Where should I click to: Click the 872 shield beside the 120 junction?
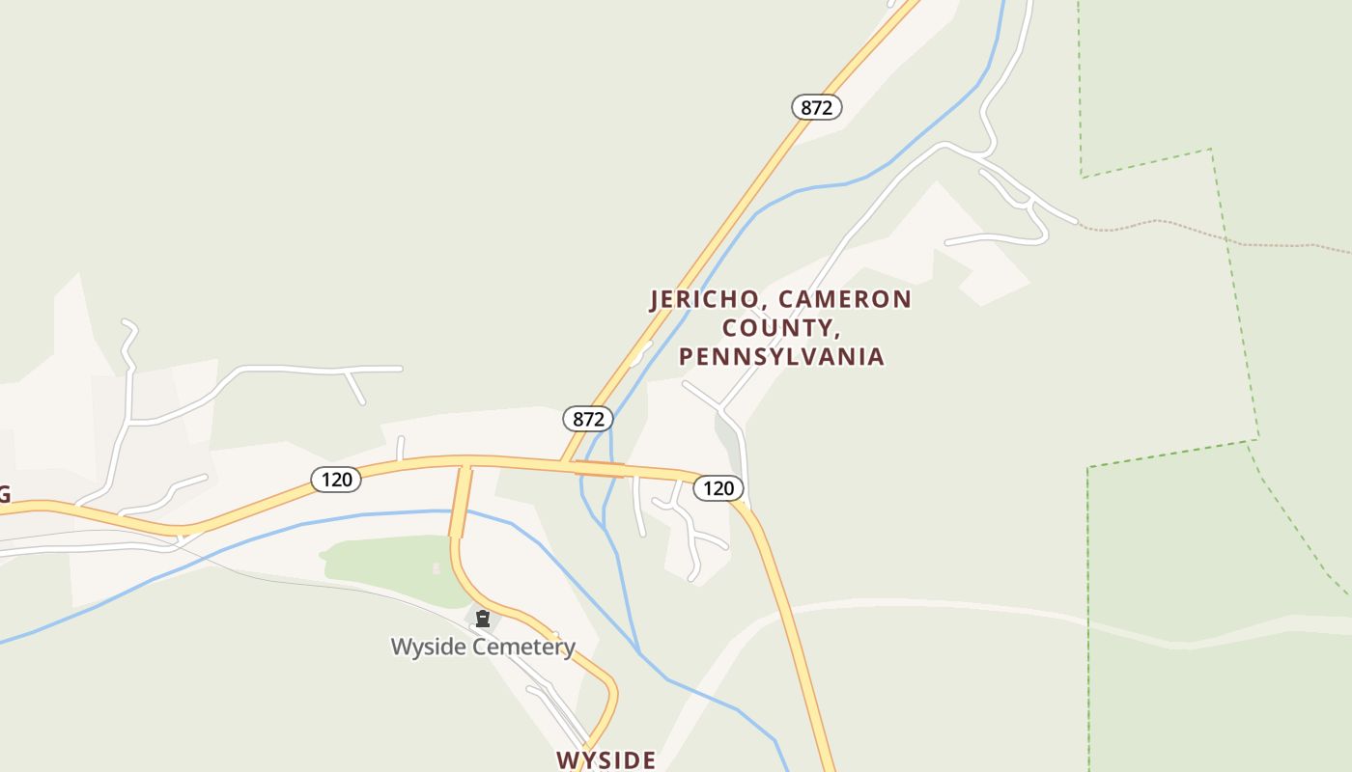click(588, 419)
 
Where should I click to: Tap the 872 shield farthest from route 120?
click(817, 107)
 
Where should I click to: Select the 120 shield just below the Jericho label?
click(718, 488)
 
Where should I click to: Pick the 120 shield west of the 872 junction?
click(336, 479)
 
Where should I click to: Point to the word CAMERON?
click(845, 299)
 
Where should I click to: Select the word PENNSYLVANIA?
click(781, 357)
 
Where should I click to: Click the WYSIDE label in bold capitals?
click(606, 760)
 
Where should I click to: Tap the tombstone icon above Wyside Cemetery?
click(483, 619)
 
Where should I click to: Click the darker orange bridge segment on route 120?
click(600, 469)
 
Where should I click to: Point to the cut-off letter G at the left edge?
click(4, 495)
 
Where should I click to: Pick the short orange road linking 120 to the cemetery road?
click(460, 502)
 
